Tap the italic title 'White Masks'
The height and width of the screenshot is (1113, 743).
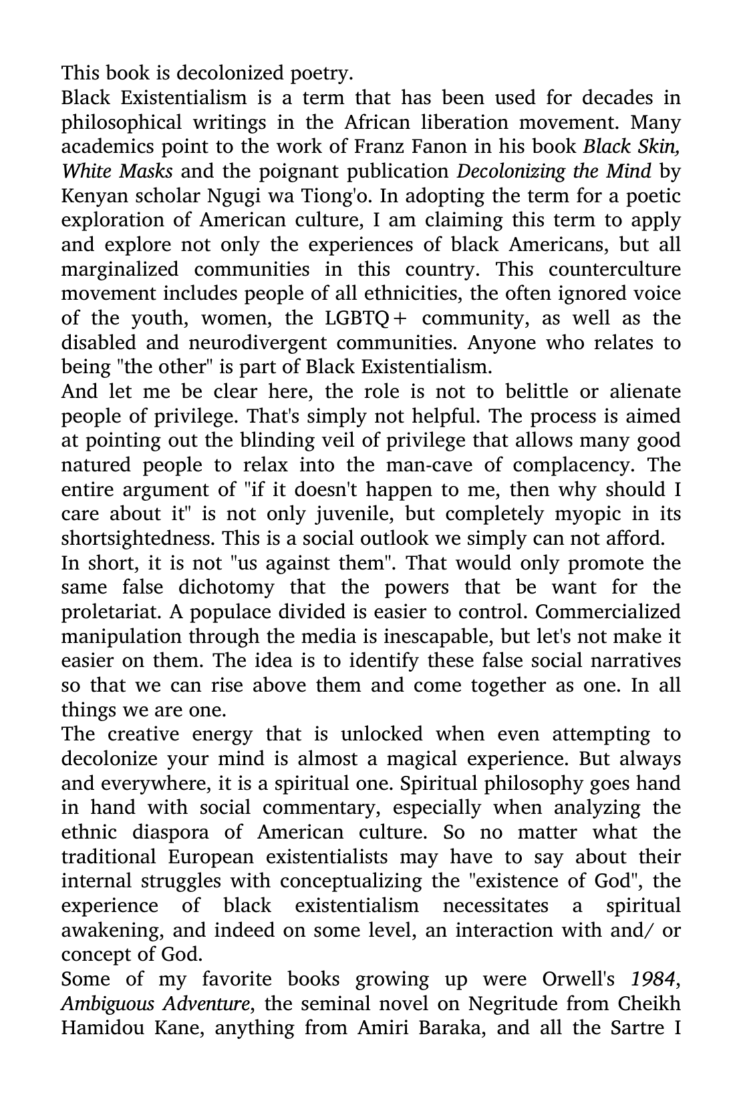pyautogui.click(x=117, y=171)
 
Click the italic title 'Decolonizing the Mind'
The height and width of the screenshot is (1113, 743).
pyautogui.click(x=554, y=171)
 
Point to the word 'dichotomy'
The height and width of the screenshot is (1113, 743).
pyautogui.click(x=226, y=588)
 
